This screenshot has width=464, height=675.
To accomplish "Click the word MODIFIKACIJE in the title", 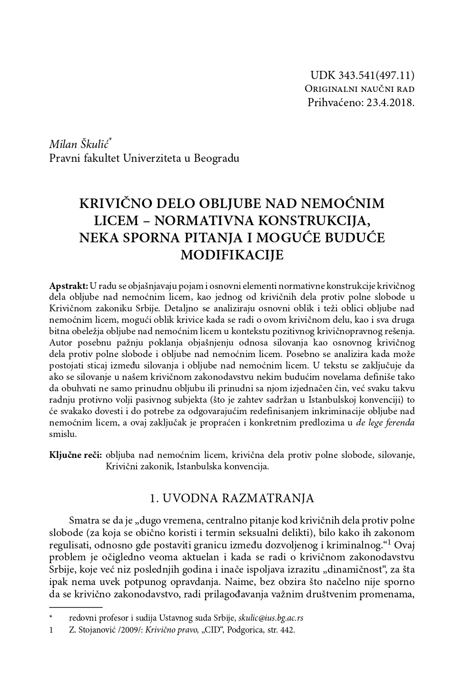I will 232,255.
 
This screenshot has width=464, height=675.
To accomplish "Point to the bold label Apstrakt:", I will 69,286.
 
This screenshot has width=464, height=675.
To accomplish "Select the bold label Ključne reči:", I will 76,455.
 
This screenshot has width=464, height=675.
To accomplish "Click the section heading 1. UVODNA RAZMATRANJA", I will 232,498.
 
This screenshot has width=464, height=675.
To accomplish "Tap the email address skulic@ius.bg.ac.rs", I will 271,618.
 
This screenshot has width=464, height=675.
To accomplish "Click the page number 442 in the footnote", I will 287,630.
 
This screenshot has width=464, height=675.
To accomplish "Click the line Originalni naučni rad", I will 359,89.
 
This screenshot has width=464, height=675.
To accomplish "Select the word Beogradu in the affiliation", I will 217,158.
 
